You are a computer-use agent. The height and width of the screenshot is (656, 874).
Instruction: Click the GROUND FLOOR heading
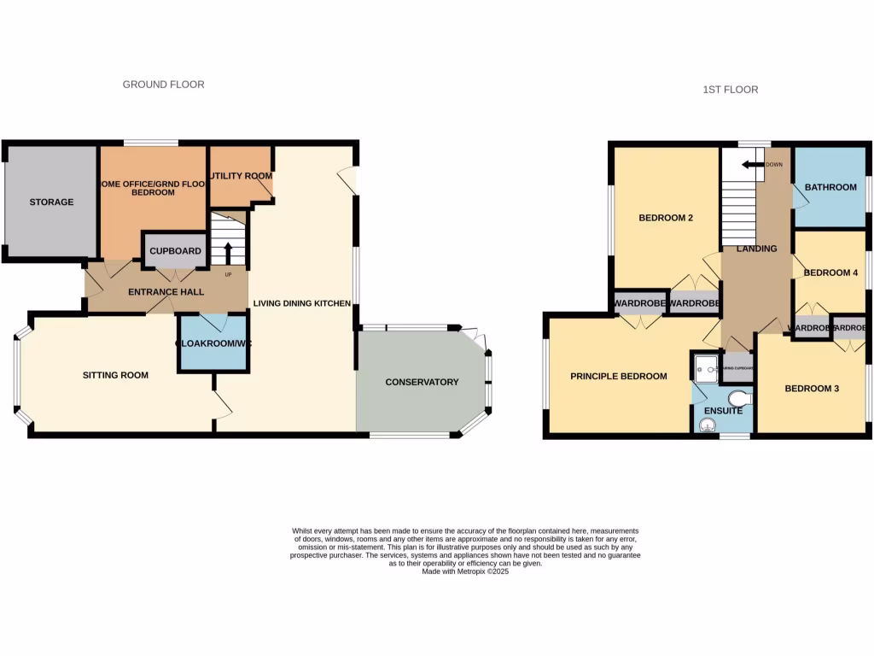click(x=163, y=85)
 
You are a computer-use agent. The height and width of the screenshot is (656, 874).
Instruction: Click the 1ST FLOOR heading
click(x=730, y=90)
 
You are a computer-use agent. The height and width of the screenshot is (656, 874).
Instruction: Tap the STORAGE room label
click(x=51, y=202)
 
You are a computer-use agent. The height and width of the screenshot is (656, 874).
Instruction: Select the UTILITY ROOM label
click(x=242, y=176)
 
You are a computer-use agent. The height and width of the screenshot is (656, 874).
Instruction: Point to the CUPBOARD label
click(x=175, y=251)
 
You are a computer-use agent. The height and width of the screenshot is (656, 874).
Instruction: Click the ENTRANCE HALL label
click(x=166, y=292)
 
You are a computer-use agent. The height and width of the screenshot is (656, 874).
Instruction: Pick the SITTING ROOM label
click(x=115, y=375)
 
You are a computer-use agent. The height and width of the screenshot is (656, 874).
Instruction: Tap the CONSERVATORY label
click(x=422, y=382)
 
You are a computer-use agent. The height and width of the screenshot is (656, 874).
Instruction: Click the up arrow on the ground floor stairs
click(x=228, y=253)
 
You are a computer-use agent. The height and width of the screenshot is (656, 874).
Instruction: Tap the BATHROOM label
click(x=830, y=187)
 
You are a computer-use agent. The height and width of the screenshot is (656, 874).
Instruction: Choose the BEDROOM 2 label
click(x=666, y=218)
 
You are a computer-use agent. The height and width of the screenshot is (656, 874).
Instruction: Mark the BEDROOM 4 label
click(x=830, y=273)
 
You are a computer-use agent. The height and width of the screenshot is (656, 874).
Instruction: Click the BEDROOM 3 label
click(x=812, y=389)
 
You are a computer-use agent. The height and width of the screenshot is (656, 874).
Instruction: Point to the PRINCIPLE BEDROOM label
click(x=619, y=377)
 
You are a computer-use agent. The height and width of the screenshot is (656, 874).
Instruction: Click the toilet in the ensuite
click(x=738, y=397)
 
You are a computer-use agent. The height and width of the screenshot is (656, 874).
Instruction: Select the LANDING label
click(x=756, y=249)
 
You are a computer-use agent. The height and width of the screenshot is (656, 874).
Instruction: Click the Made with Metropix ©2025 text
click(x=465, y=571)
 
